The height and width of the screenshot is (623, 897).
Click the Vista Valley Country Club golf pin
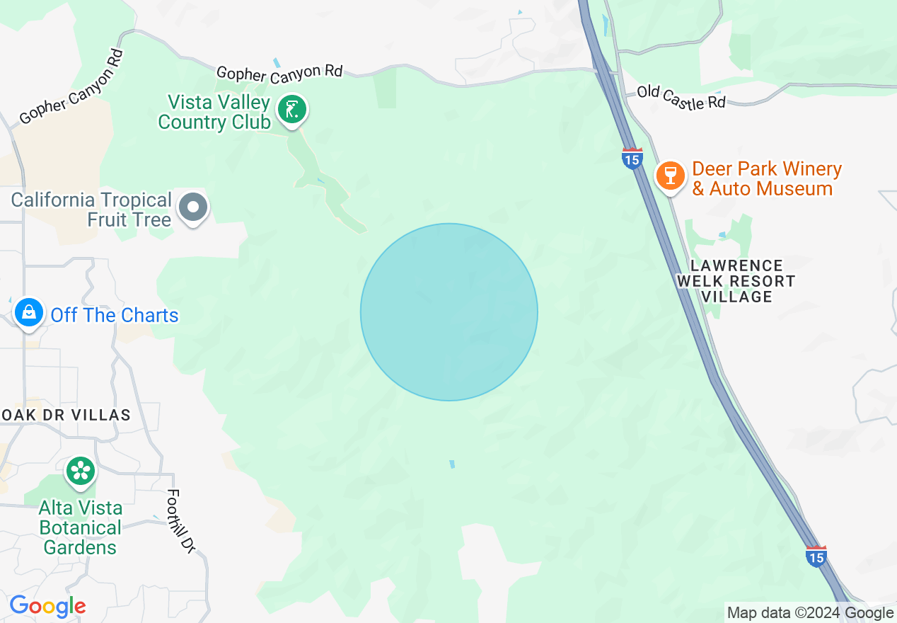[291, 110]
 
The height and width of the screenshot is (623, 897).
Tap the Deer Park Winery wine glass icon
[670, 176]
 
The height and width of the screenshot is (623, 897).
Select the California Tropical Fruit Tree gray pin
[193, 208]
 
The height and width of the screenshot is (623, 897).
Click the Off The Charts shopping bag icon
[29, 312]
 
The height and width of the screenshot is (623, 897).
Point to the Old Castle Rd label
[681, 97]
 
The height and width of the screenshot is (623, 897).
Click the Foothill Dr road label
[181, 520]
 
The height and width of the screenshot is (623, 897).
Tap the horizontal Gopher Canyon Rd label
[279, 73]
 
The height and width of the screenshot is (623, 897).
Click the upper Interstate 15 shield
[632, 158]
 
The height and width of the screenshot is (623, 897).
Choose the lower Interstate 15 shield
[816, 556]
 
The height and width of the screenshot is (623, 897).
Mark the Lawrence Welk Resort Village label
[736, 281]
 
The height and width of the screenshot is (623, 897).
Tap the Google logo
[47, 606]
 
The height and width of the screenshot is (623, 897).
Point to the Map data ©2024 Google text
[811, 613]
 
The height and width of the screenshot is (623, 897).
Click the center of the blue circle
[449, 312]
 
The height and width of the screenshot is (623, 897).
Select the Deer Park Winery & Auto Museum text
[766, 179]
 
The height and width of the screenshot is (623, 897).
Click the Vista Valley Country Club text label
[214, 113]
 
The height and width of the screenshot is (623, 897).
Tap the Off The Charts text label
[115, 315]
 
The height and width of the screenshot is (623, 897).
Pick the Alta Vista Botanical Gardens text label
[81, 528]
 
